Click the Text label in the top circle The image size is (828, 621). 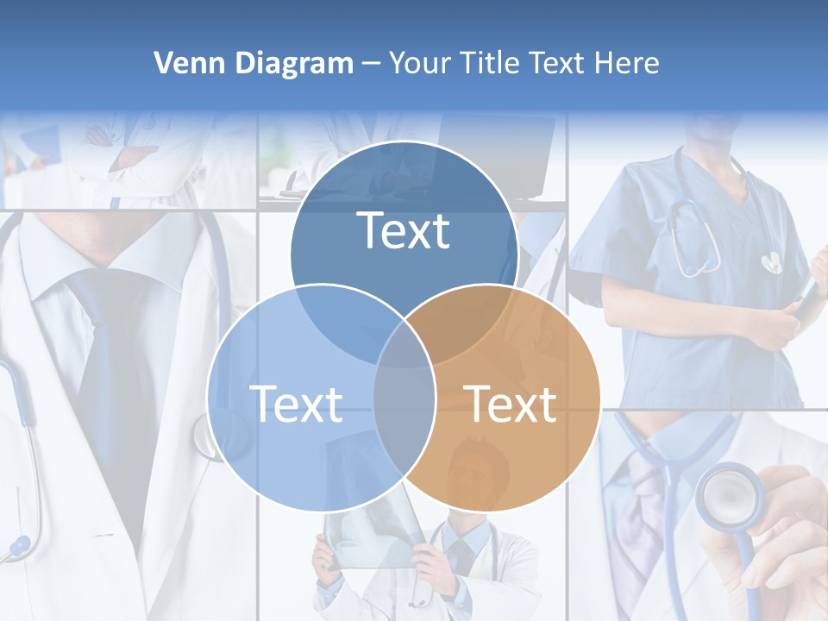(404, 231)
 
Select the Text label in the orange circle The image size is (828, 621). (510, 404)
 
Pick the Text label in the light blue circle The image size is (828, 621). (296, 404)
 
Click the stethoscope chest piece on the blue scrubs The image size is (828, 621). (770, 261)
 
